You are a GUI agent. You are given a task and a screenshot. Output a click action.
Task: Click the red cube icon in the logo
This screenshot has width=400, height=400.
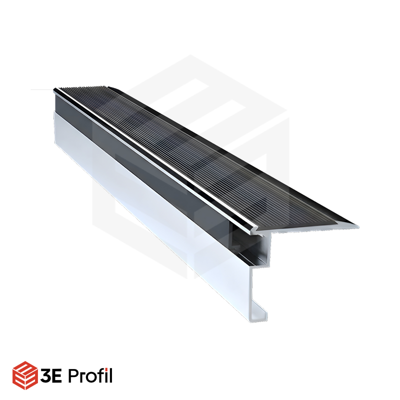click(x=25, y=375)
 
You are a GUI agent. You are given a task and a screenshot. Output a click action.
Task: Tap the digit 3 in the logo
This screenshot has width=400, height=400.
click(x=45, y=375)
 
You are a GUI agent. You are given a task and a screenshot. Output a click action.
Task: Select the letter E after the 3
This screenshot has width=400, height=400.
click(x=56, y=375)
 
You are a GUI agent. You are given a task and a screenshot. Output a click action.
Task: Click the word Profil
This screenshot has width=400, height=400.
click(x=90, y=375)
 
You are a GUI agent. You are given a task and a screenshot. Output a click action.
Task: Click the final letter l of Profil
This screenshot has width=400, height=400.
click(x=110, y=375)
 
